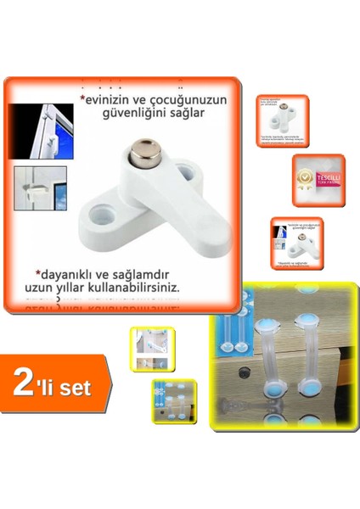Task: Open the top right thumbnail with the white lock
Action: pos(282,122)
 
